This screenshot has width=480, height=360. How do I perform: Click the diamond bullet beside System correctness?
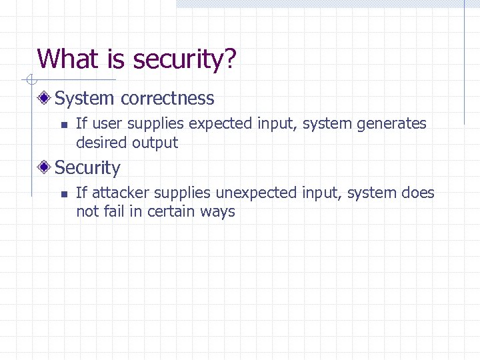click(45, 99)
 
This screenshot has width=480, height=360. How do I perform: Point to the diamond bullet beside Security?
click(45, 168)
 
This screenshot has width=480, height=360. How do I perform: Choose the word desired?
click(101, 142)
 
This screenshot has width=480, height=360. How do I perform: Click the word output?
click(155, 143)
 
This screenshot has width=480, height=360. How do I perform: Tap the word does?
click(418, 193)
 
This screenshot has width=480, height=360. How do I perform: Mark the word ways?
click(218, 213)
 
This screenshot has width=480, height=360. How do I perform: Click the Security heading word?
click(87, 168)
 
